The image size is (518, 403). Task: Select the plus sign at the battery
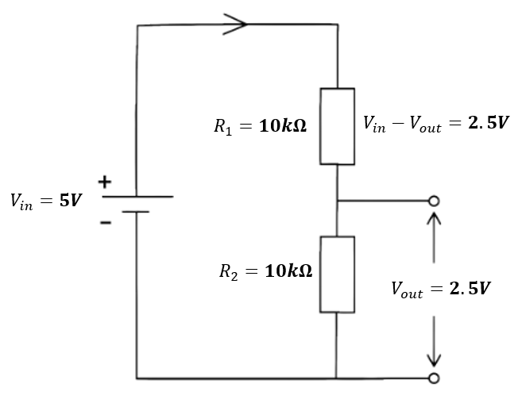pyautogui.click(x=105, y=182)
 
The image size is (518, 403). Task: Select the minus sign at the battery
pyautogui.click(x=106, y=223)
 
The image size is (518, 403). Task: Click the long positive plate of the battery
pyautogui.click(x=137, y=197)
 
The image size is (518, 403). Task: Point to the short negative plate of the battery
pyautogui.click(x=135, y=212)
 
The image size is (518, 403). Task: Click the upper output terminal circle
pyautogui.click(x=434, y=201)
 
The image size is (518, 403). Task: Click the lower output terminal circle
pyautogui.click(x=434, y=378)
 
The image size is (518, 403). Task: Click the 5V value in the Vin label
pyautogui.click(x=71, y=200)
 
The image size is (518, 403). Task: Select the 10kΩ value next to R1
pyautogui.click(x=283, y=125)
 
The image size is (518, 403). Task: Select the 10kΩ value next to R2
pyautogui.click(x=288, y=271)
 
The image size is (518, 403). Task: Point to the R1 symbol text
pyautogui.click(x=223, y=127)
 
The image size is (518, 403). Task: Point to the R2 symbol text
pyautogui.click(x=229, y=272)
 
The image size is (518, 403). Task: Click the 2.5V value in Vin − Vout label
pyautogui.click(x=489, y=122)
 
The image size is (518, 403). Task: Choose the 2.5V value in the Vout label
pyautogui.click(x=470, y=288)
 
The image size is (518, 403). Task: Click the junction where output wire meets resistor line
pyautogui.click(x=337, y=201)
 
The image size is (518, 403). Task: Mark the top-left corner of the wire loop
pyautogui.click(x=137, y=25)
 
